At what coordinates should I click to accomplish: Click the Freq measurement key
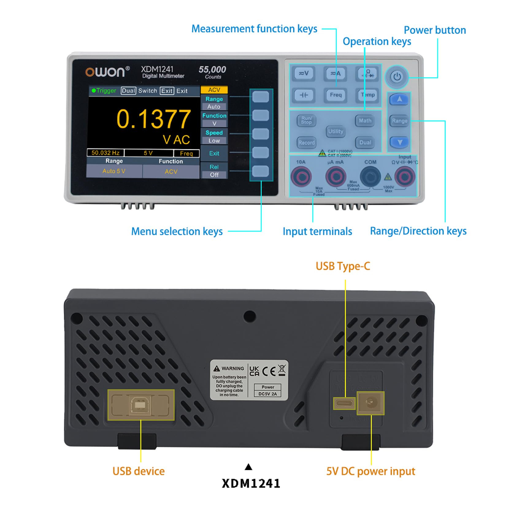pyautogui.click(x=335, y=95)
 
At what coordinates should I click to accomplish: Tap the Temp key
pyautogui.click(x=368, y=95)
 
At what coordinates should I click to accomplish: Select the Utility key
pyautogui.click(x=335, y=132)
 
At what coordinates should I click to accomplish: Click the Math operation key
pyautogui.click(x=365, y=121)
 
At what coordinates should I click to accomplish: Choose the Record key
pyautogui.click(x=306, y=143)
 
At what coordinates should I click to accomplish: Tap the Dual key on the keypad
pyautogui.click(x=365, y=143)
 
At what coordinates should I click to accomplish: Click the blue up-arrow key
pyautogui.click(x=399, y=99)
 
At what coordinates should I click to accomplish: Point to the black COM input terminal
pyautogui.click(x=370, y=177)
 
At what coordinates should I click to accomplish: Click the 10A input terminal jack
pyautogui.click(x=301, y=177)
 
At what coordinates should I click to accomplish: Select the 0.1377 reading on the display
pyautogui.click(x=153, y=119)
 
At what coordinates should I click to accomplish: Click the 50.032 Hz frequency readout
pyautogui.click(x=105, y=153)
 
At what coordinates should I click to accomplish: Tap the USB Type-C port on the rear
pyautogui.click(x=344, y=403)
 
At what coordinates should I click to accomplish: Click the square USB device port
pyautogui.click(x=140, y=405)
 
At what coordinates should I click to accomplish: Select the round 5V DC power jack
pyautogui.click(x=370, y=402)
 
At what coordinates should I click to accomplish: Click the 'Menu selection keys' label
pyautogui.click(x=177, y=232)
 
